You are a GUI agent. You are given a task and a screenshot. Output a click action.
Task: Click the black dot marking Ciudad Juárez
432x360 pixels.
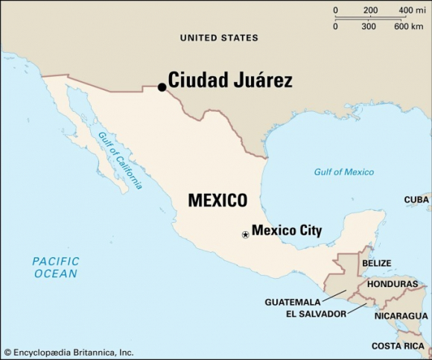[x=162, y=87]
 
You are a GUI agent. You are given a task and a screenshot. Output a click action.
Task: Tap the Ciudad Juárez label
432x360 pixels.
[x=229, y=80]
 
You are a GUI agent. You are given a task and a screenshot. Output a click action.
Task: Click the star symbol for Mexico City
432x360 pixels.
[x=245, y=235]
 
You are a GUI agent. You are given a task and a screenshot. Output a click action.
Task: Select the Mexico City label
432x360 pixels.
[x=287, y=230]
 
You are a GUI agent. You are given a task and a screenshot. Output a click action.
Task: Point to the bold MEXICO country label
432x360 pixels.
[x=217, y=200]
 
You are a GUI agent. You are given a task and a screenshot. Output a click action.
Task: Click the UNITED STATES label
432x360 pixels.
[x=220, y=37]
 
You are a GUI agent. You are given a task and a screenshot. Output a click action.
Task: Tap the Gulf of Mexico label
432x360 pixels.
[x=343, y=172]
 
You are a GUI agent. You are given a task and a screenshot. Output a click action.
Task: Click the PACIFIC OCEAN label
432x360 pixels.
[x=54, y=267]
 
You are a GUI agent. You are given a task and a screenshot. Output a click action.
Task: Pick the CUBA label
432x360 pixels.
[x=416, y=200]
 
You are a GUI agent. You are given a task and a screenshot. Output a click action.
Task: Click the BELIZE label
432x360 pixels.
[x=376, y=263]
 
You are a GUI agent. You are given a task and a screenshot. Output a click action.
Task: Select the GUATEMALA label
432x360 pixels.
[x=293, y=302]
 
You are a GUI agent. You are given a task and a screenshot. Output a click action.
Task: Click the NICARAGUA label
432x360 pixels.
[x=401, y=316]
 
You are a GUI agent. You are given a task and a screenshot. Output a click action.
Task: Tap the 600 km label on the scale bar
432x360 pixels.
[x=408, y=26]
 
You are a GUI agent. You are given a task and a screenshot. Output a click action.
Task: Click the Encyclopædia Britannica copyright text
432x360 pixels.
[x=69, y=352]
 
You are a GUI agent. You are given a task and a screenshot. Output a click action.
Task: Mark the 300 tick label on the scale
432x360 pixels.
[x=368, y=26]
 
